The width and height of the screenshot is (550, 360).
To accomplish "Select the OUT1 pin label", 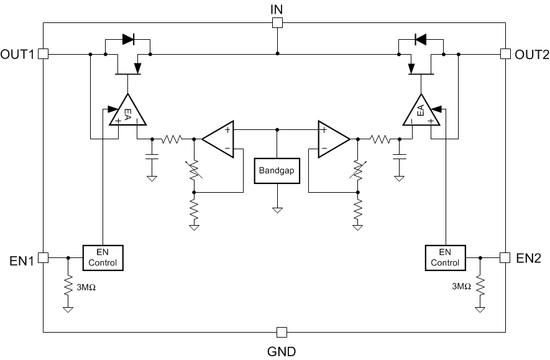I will point(18,54).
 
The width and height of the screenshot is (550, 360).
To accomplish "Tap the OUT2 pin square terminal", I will point(505,54).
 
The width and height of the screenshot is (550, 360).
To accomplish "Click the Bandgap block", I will point(277,170).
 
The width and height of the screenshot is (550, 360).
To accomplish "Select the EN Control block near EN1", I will point(103,257).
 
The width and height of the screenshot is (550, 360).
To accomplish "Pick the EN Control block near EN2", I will point(445,257).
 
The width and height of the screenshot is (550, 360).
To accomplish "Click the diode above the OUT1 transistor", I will point(128,39).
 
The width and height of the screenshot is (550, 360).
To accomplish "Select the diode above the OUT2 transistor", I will point(420,39).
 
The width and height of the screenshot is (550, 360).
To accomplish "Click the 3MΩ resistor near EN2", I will point(479,287).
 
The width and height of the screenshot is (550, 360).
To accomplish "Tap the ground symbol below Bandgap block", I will point(277,209).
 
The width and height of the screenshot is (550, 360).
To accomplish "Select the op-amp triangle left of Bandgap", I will point(219,139).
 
